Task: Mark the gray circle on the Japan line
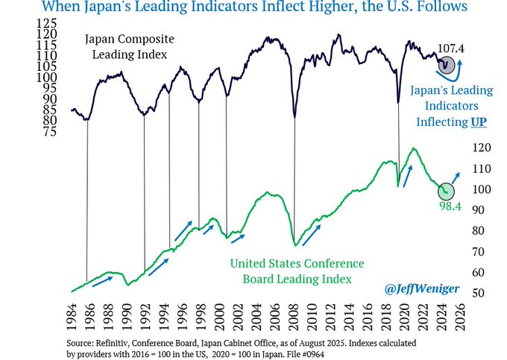click(x=447, y=66)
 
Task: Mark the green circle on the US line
click(x=445, y=192)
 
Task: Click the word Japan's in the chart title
click(x=115, y=7)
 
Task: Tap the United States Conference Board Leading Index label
click(x=297, y=271)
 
